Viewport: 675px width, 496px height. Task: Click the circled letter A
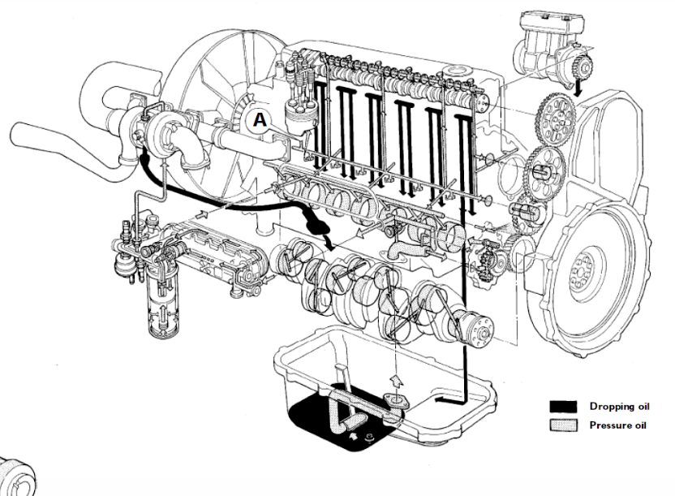(x=260, y=119)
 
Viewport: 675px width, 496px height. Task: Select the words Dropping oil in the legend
(x=619, y=407)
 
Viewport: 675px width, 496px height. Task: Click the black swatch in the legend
(x=562, y=407)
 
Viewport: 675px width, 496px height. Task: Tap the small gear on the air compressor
(x=574, y=64)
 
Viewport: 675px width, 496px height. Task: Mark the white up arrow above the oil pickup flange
(x=397, y=379)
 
